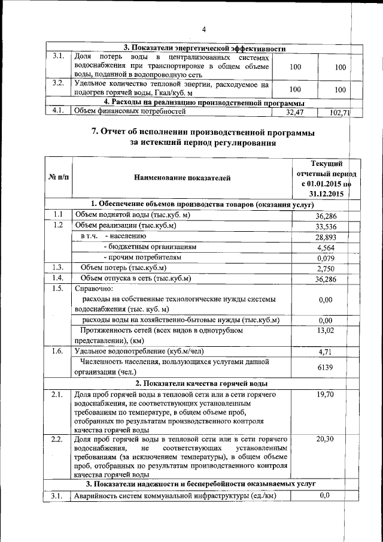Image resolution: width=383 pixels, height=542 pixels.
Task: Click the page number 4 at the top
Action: pos(204,30)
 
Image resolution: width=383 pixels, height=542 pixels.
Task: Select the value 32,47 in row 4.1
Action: pos(295,112)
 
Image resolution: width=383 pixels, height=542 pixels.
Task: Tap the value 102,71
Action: pos(339,112)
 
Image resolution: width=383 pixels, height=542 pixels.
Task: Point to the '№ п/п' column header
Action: pos(58,178)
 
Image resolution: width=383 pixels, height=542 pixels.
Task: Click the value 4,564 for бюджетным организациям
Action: pos(326,247)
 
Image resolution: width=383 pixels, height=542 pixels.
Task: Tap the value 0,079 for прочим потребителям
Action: pos(326,258)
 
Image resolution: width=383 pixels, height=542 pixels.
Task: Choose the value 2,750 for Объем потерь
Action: pos(326,269)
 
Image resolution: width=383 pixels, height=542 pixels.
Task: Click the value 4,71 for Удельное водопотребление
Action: pos(326,352)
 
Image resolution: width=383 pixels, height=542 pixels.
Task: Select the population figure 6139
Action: pos(326,367)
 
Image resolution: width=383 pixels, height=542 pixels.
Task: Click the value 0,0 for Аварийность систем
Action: pos(326,495)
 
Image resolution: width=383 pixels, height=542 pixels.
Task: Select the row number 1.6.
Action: pos(57,352)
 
